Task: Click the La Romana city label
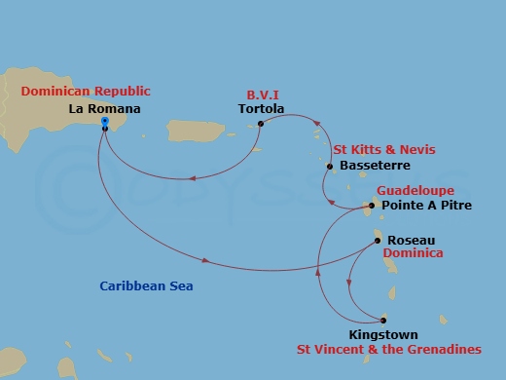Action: click(105, 109)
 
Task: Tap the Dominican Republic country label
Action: click(80, 94)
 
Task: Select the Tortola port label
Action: click(261, 109)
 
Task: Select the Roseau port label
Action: click(410, 240)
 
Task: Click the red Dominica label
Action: click(413, 253)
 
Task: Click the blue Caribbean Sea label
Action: click(146, 286)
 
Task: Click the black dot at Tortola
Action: click(261, 123)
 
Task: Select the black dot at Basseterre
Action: click(330, 167)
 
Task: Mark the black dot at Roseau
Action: click(378, 241)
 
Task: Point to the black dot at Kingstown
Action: click(383, 320)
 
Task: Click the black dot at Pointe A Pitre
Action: click(371, 206)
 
